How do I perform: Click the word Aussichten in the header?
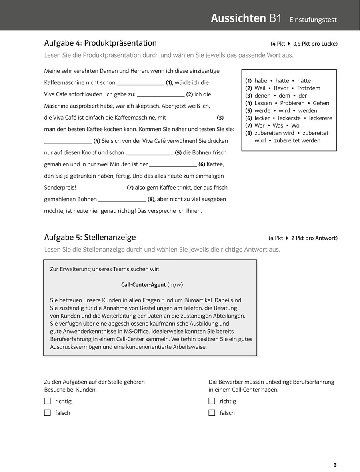(238, 18)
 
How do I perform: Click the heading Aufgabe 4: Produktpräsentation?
(100, 43)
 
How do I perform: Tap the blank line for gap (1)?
(140, 83)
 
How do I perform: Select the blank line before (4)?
(68, 141)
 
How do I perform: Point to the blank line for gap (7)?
(101, 188)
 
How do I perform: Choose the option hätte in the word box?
(304, 81)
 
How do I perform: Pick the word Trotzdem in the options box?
(308, 88)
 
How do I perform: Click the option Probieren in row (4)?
(292, 103)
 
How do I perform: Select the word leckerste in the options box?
(289, 118)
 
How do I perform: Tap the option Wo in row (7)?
(295, 126)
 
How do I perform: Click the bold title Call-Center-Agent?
(144, 285)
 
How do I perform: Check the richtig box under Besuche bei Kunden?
(48, 401)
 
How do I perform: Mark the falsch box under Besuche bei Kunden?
(48, 412)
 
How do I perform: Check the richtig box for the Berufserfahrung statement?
(212, 401)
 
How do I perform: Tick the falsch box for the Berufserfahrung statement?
(212, 412)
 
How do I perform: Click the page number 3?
(335, 465)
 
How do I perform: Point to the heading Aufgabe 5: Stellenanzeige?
(90, 238)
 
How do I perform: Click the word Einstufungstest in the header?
(313, 20)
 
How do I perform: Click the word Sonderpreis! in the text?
(60, 188)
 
